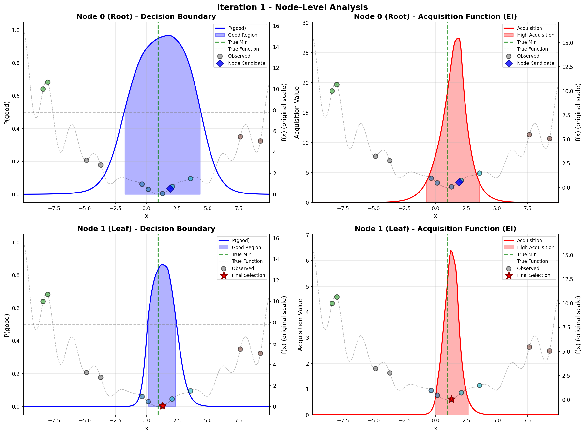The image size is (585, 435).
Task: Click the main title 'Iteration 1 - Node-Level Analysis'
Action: [x=292, y=7]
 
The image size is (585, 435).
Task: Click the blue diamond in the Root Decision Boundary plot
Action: [x=170, y=189]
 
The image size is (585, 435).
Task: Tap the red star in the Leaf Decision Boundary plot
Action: [x=163, y=406]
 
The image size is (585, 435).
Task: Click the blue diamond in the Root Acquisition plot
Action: [x=459, y=182]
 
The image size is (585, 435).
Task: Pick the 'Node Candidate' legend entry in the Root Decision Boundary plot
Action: [x=246, y=63]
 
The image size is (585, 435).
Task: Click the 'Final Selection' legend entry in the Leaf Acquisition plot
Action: [x=533, y=275]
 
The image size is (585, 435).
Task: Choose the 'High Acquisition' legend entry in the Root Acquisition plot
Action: [x=535, y=35]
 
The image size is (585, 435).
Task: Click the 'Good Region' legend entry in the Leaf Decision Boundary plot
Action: [x=246, y=247]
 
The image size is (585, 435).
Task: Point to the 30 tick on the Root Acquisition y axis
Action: [x=305, y=23]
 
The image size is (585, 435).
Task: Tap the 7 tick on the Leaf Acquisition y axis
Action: [x=307, y=235]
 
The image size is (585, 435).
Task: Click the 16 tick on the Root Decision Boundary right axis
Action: [x=276, y=26]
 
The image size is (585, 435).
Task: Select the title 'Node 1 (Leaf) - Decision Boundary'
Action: [x=146, y=229]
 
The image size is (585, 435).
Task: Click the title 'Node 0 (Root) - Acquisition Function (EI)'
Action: [x=435, y=16]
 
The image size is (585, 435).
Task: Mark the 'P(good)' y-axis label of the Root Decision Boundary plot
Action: [x=7, y=113]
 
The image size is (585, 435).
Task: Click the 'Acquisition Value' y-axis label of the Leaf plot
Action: [x=300, y=324]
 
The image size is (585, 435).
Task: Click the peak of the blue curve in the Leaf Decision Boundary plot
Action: [x=162, y=265]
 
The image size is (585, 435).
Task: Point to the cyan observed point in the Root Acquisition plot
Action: [x=480, y=173]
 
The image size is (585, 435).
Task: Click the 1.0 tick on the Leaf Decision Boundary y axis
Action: [x=16, y=242]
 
